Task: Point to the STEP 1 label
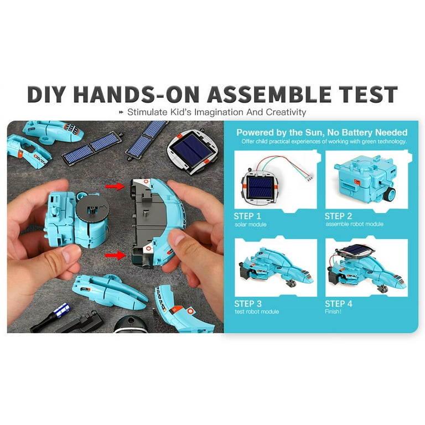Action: click(x=247, y=216)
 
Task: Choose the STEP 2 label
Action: click(x=339, y=216)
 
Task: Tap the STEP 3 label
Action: click(x=247, y=304)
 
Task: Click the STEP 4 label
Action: click(x=339, y=304)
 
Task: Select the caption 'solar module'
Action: click(x=250, y=225)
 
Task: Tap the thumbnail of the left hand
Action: click(x=71, y=254)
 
